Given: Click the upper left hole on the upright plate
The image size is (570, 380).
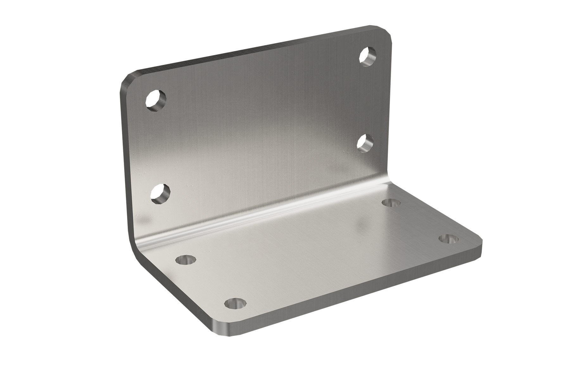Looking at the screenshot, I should pyautogui.click(x=156, y=101).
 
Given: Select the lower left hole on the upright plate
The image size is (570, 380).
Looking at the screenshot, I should pyautogui.click(x=161, y=193).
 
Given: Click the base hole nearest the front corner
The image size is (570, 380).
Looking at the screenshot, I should pyautogui.click(x=235, y=303).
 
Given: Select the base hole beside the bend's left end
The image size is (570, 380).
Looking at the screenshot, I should pyautogui.click(x=186, y=259).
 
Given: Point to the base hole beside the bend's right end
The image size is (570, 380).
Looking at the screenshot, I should pyautogui.click(x=390, y=202).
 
